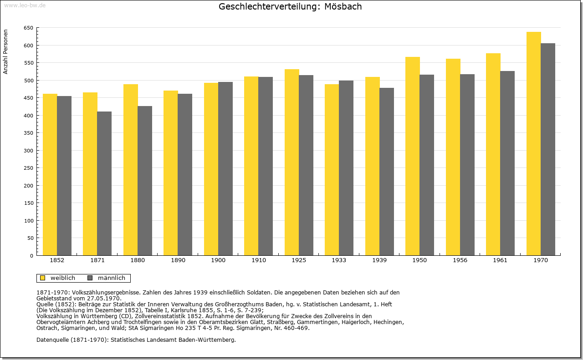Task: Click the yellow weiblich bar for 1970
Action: coord(533,143)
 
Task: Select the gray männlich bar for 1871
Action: coord(104,184)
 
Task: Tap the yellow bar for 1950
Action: coord(413,156)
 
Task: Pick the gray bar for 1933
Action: coord(346,168)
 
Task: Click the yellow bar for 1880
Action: coord(131,170)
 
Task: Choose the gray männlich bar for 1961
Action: coord(507,163)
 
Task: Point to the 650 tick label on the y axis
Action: coord(29,28)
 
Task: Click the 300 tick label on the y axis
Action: coord(29,151)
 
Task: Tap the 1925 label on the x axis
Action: coord(299,260)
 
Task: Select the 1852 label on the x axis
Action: coord(57,260)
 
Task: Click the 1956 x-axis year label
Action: coord(460,260)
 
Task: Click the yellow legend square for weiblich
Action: coord(43,278)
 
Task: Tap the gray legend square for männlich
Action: coord(90,278)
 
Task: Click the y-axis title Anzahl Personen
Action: coord(5,52)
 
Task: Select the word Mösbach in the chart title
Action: coord(343,6)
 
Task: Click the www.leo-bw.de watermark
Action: coord(25,5)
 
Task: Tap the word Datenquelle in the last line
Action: coord(53,340)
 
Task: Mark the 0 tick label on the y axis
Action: coord(31,256)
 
